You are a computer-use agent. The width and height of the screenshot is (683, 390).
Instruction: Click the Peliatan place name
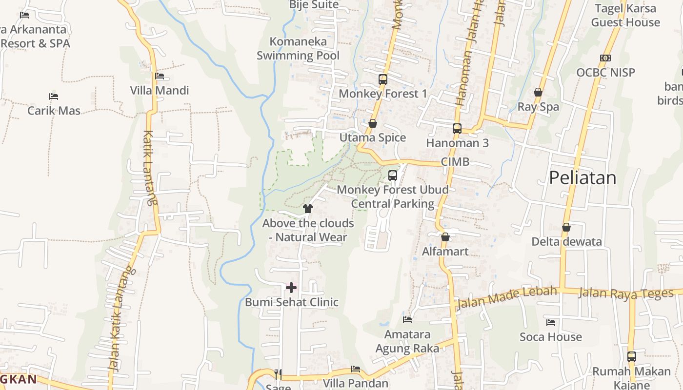coord(583,178)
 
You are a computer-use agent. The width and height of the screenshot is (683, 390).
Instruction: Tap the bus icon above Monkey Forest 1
coord(383,79)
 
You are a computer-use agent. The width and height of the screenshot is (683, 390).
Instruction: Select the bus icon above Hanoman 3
coord(457,129)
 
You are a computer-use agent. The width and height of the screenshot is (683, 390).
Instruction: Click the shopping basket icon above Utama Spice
coord(373,123)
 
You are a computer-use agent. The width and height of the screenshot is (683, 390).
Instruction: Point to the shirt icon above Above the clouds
coord(308,209)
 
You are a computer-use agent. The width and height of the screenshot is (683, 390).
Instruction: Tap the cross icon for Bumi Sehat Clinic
coord(291,288)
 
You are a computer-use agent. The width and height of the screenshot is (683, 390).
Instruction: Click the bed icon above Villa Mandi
coord(160,76)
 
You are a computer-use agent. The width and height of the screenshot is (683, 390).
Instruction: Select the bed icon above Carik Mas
coord(54,97)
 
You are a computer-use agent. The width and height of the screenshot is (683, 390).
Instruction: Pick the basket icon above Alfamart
coord(445,237)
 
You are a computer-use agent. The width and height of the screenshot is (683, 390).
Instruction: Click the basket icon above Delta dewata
coord(566,227)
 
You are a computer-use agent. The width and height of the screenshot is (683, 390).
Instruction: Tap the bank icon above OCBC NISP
coord(605,58)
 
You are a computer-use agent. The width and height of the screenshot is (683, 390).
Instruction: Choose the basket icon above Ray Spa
coord(538,92)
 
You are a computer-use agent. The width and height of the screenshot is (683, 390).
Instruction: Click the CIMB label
coord(455,162)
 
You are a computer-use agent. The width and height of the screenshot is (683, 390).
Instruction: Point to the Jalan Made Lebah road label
coord(506,297)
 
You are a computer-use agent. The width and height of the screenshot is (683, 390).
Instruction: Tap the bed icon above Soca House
coord(551,323)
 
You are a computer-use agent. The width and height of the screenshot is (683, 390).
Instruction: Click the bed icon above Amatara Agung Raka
coord(407,320)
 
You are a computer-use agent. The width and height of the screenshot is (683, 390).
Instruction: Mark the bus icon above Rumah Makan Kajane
coord(632,357)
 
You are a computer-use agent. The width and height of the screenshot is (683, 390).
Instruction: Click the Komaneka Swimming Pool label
coord(298,48)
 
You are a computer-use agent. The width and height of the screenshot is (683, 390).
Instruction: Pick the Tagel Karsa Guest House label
coord(625,15)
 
